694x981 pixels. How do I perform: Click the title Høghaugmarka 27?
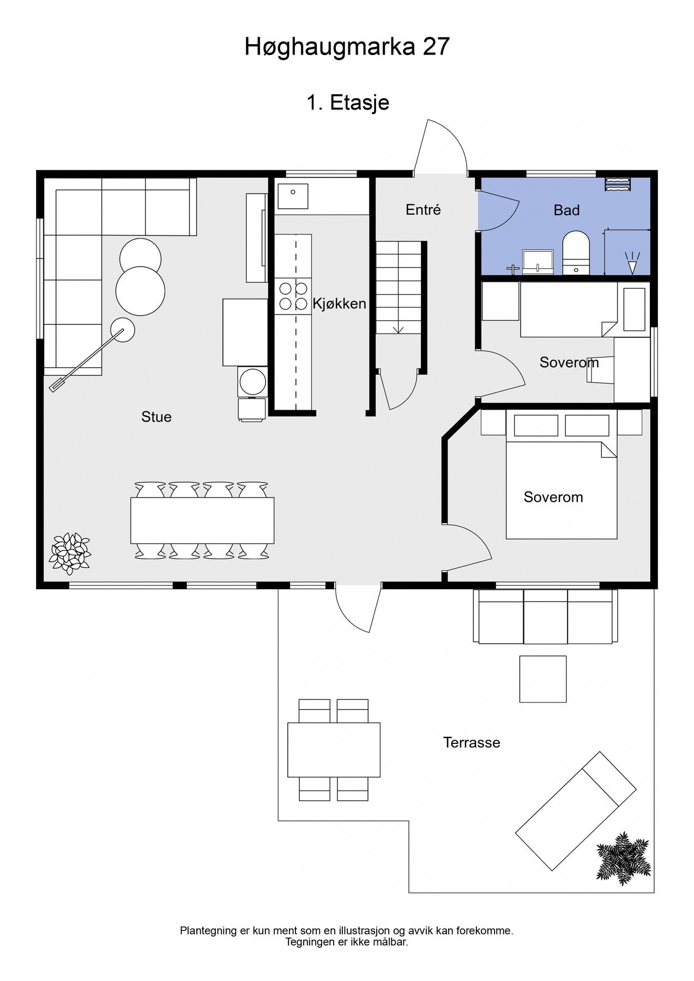tap(347, 47)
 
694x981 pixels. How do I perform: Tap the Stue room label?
tap(156, 417)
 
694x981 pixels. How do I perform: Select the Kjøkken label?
tap(339, 304)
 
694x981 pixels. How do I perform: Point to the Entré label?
tap(423, 210)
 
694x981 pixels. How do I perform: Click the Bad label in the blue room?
tap(566, 210)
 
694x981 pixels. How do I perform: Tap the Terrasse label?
tap(472, 742)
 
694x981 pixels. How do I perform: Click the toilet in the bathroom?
tap(576, 252)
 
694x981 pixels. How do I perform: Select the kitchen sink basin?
tap(293, 196)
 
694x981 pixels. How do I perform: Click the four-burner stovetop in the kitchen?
tap(293, 295)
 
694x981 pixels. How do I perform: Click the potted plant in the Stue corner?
tap(70, 553)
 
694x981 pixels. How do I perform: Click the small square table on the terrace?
tap(542, 679)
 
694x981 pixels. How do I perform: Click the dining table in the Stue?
tap(202, 520)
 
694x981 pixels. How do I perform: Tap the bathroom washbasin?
tap(538, 262)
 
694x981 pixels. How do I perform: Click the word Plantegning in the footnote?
tap(208, 931)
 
